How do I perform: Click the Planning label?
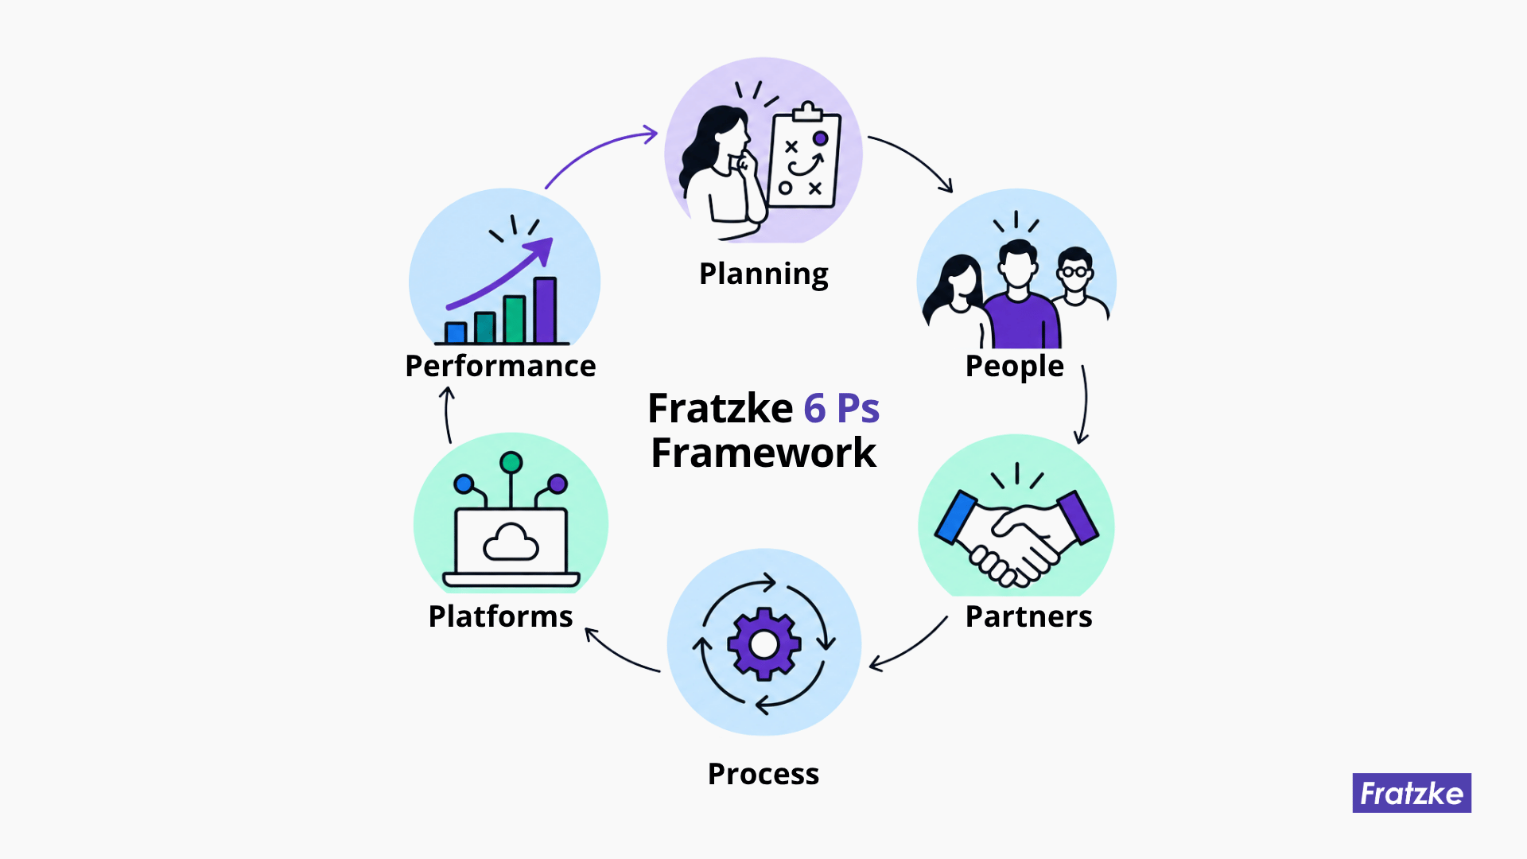click(763, 274)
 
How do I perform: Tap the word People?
click(1014, 367)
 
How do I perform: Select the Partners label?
click(1028, 616)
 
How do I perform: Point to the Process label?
click(763, 774)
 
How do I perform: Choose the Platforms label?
click(500, 616)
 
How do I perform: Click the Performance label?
click(500, 366)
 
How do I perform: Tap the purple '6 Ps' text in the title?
click(841, 409)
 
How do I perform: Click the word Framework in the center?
click(763, 453)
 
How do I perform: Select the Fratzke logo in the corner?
click(1412, 793)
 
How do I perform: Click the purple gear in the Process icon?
click(764, 644)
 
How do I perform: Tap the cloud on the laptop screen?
click(511, 542)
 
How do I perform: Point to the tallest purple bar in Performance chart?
click(545, 310)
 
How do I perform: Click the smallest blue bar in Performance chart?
click(456, 332)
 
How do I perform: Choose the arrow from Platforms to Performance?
click(448, 414)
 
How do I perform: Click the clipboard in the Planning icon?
click(804, 157)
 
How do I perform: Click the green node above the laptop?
click(511, 462)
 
